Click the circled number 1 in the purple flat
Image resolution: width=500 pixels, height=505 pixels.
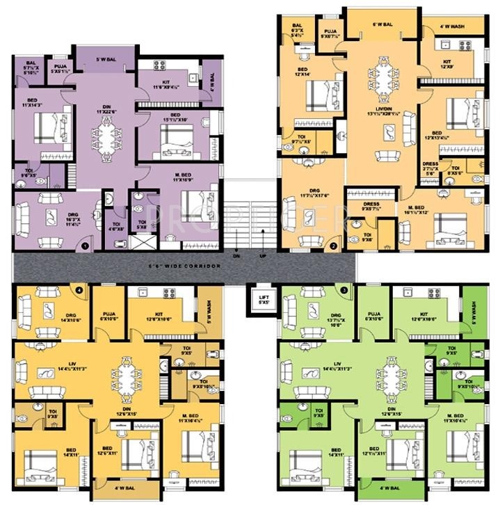coord(83,244)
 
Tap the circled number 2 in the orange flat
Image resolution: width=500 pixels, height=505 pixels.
coord(334,245)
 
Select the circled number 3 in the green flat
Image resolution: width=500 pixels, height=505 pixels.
coord(343,289)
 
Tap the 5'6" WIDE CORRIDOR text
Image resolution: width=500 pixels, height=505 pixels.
coord(179,266)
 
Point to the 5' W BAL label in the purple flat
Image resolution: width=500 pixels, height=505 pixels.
coord(106,61)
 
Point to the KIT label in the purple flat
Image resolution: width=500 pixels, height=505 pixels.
coord(166,86)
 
